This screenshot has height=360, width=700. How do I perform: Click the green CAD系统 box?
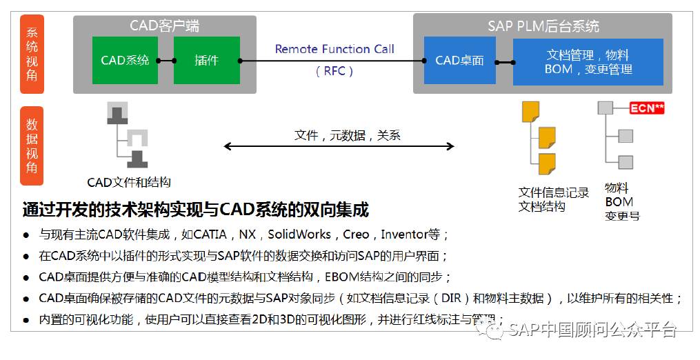coord(125,61)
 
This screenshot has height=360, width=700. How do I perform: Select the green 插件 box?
coord(207,61)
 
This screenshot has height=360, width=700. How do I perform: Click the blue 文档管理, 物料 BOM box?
coord(588,62)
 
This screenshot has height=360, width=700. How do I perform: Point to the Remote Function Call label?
coord(334,49)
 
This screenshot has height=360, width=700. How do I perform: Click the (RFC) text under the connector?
coord(334,70)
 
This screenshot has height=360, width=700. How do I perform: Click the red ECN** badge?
coord(646,108)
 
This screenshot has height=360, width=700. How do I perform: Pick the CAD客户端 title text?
coord(165,26)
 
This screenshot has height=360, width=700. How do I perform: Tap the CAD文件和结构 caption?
coord(129,183)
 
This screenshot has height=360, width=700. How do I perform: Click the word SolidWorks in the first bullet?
coord(299,234)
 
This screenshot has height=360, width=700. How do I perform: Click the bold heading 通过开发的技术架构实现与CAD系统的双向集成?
coord(195,209)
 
